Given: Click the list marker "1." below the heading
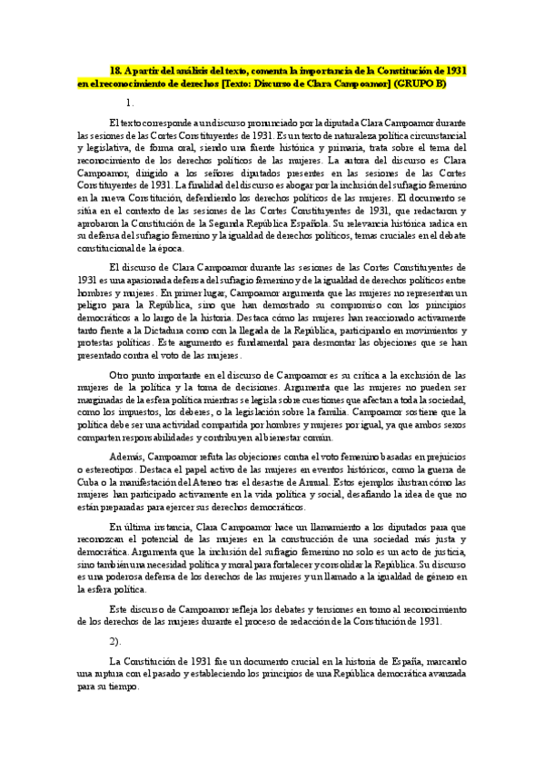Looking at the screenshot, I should point(129,103).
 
